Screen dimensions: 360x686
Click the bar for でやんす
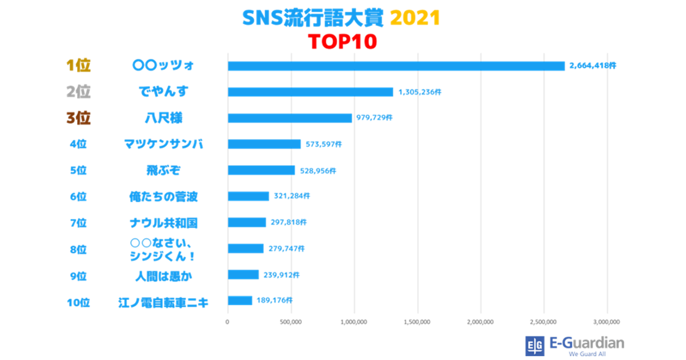tap(310, 92)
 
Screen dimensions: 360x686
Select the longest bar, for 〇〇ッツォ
tap(396, 66)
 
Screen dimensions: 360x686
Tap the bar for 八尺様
tap(290, 118)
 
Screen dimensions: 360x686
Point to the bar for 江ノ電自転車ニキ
tap(240, 301)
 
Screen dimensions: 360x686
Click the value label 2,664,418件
tap(592, 66)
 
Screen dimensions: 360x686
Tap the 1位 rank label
tap(78, 66)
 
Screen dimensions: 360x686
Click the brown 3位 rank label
tap(78, 118)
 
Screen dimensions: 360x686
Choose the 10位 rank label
tap(78, 302)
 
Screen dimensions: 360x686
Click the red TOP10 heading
tap(342, 42)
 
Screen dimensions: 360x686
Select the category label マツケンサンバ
tap(163, 144)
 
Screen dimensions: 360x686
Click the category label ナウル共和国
tap(163, 222)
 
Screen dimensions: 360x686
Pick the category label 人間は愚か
tap(163, 275)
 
